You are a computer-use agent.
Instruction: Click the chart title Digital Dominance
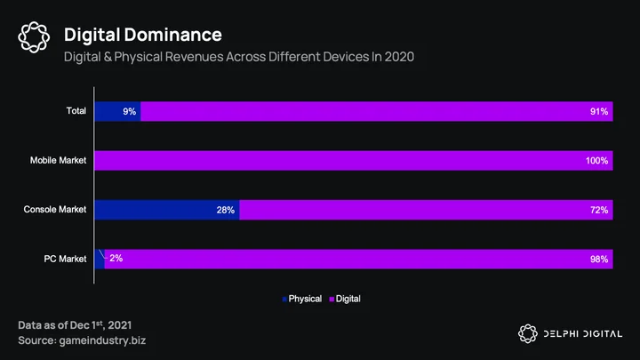[x=143, y=35]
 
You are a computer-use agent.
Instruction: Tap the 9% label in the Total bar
[x=130, y=111]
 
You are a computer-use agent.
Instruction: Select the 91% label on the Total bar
[x=599, y=111]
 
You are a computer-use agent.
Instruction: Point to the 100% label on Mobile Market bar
[x=596, y=161]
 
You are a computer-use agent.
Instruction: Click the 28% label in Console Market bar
[x=225, y=210]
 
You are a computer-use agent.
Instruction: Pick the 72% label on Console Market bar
[x=599, y=210]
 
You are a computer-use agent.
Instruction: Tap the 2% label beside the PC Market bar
[x=116, y=258]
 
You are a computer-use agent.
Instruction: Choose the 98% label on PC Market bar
[x=599, y=260]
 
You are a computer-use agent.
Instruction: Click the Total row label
[x=76, y=110]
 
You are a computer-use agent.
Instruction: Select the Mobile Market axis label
[x=58, y=160]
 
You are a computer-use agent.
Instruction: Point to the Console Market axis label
[x=55, y=210]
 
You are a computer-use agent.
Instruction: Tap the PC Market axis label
[x=65, y=259]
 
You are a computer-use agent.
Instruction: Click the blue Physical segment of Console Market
[x=167, y=210]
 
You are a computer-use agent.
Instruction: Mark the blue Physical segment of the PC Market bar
[x=100, y=260]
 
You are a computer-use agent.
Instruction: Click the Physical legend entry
[x=302, y=299]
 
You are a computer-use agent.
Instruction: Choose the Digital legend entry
[x=345, y=299]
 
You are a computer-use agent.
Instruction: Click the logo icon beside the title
[x=34, y=37]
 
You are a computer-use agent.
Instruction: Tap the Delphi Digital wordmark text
[x=583, y=334]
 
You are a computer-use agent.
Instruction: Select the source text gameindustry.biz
[x=102, y=340]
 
